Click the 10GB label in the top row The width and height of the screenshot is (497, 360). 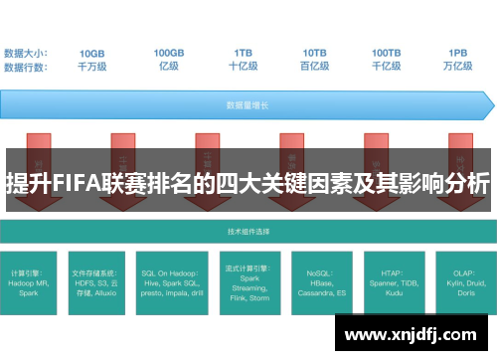point(91,52)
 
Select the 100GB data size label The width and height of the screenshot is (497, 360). point(168,52)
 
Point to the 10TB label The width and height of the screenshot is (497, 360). point(315,52)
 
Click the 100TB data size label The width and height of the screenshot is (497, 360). point(387,52)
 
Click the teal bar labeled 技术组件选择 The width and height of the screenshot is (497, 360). point(248,231)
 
